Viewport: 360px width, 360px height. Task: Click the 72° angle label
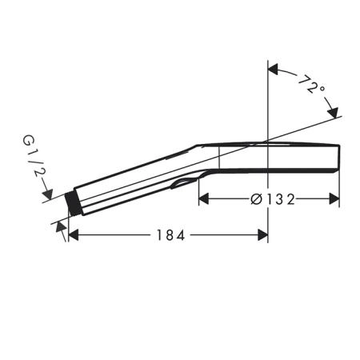tap(311, 84)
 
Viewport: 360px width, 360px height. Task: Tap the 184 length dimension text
tap(170, 235)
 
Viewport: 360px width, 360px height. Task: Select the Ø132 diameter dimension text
tap(273, 199)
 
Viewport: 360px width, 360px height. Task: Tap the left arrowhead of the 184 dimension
tap(74, 235)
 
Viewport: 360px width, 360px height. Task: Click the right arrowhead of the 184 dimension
tap(262, 235)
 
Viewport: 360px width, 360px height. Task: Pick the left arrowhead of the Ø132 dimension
tap(204, 199)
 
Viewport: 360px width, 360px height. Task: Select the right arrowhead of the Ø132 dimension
tap(334, 199)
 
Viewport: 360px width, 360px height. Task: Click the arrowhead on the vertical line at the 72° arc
tap(273, 70)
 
